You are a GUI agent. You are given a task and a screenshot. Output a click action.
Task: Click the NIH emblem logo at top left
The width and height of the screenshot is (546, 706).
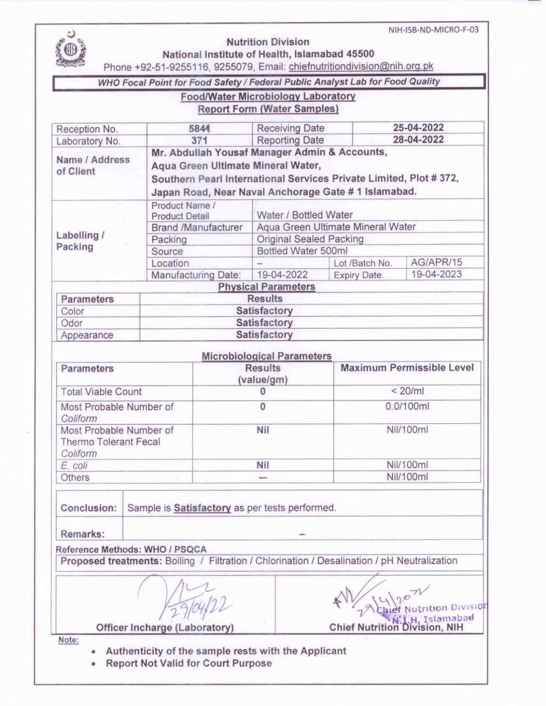click(71, 49)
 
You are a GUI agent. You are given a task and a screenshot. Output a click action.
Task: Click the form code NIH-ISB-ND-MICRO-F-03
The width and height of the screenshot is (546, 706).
click(433, 30)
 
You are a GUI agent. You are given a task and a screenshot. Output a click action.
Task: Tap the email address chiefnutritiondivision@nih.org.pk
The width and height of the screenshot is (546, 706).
click(361, 67)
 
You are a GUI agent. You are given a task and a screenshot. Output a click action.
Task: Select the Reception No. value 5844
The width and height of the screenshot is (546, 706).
click(199, 128)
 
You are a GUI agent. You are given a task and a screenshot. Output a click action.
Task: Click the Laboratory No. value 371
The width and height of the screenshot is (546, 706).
click(199, 140)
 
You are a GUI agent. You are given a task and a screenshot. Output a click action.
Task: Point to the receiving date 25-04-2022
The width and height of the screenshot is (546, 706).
click(418, 128)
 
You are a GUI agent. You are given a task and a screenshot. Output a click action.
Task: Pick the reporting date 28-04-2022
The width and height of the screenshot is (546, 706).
click(418, 139)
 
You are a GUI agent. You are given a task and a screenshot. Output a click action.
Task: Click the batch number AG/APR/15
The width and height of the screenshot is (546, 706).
click(436, 263)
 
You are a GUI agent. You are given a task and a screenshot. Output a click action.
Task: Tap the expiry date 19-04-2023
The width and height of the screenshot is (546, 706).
click(436, 274)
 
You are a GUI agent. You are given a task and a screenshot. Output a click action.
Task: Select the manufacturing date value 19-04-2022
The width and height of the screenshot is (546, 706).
click(282, 274)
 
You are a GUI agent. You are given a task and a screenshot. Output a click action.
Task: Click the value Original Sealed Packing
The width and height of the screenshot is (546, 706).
click(310, 239)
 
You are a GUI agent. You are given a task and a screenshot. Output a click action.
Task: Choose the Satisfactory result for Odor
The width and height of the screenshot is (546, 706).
click(264, 323)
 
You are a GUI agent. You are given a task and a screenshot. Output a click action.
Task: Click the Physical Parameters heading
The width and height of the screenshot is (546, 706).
click(266, 287)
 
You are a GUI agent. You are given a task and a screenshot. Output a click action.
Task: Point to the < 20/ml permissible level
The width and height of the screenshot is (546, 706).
click(407, 391)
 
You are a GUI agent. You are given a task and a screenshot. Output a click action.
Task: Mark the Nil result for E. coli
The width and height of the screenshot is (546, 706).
click(262, 465)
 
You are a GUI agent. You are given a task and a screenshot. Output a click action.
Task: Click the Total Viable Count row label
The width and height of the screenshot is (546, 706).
click(101, 392)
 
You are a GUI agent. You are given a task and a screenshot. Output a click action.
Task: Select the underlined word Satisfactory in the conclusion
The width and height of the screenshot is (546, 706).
click(202, 508)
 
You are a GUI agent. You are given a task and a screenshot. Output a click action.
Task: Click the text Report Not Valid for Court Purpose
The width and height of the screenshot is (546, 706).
click(189, 663)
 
